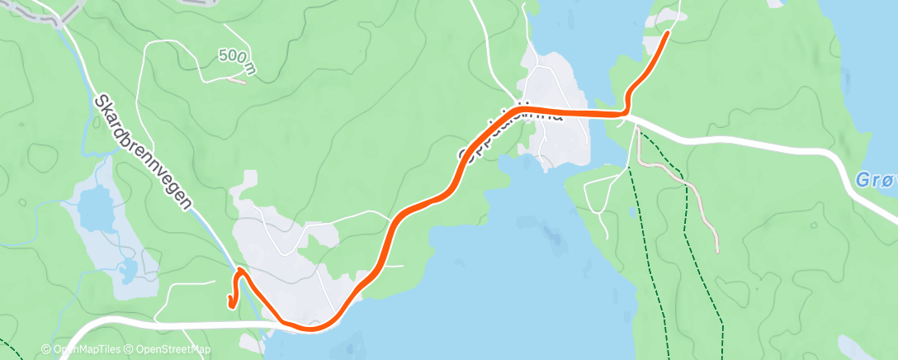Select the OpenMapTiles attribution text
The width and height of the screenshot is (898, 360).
[x=82, y=350]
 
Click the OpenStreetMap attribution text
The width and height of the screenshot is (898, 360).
[x=168, y=350]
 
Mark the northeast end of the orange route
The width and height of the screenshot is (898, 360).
[x=667, y=33]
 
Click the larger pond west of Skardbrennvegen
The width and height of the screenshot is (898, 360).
[x=97, y=208]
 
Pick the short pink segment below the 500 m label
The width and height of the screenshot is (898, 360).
[x=237, y=81]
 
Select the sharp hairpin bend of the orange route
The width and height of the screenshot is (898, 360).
[x=239, y=270]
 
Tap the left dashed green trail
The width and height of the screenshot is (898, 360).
[x=647, y=248]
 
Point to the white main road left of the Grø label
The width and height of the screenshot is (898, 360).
[x=743, y=140]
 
